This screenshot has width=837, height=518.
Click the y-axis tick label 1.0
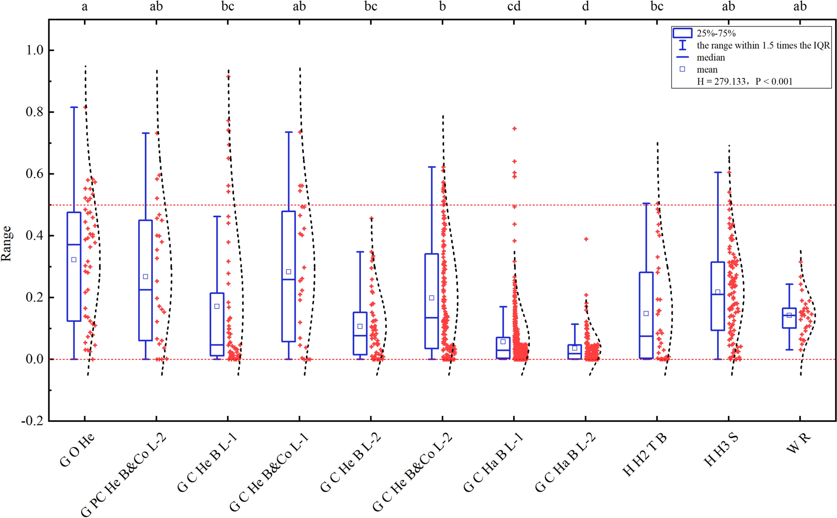click(x=34, y=50)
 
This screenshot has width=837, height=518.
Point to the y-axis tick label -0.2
click(x=32, y=421)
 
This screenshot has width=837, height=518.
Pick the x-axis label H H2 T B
click(x=645, y=454)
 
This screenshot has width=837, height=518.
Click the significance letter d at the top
click(x=585, y=6)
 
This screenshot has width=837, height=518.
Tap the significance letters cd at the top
click(x=514, y=6)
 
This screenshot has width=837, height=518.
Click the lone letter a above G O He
click(x=85, y=6)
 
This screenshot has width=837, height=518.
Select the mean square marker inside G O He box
click(x=74, y=260)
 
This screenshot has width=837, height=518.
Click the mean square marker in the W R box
click(x=789, y=315)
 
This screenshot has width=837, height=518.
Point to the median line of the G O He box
click(x=74, y=244)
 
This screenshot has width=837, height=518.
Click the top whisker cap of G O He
click(x=74, y=107)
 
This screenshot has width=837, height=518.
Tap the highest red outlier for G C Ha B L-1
click(x=514, y=128)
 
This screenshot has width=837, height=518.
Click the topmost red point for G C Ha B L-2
click(x=586, y=239)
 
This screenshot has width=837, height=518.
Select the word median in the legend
click(x=710, y=57)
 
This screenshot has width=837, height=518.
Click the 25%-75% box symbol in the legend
click(x=682, y=33)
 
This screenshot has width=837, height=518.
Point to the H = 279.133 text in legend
click(x=722, y=81)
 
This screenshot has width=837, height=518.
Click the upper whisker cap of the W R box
click(x=789, y=284)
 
